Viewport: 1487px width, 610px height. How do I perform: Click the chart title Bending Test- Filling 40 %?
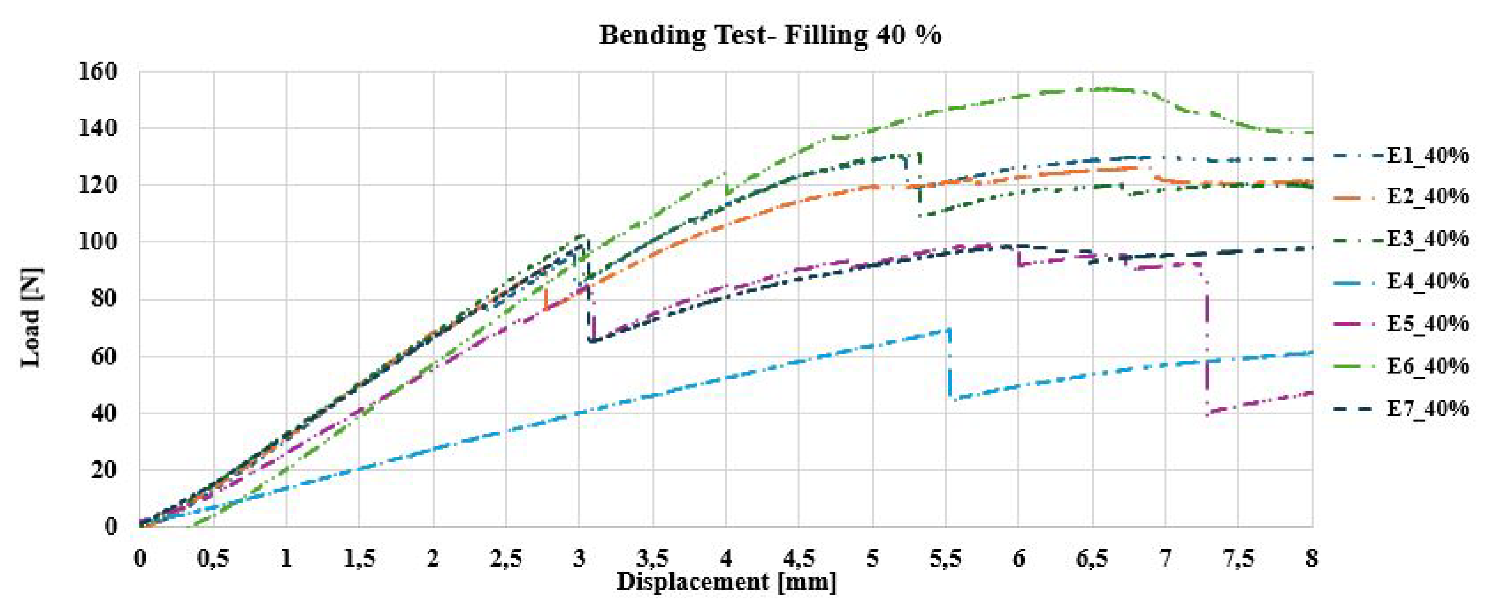(x=770, y=35)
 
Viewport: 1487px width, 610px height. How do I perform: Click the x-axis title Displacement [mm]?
(x=726, y=582)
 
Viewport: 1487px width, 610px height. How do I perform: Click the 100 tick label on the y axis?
(x=97, y=242)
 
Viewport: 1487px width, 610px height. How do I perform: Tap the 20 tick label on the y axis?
(x=104, y=470)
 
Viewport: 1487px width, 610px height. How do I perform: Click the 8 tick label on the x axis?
(x=1311, y=559)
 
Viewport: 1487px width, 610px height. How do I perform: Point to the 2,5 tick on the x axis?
(x=506, y=559)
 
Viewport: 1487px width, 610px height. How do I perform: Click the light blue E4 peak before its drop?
(x=948, y=330)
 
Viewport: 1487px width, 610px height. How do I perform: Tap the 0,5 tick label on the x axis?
(x=213, y=559)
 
